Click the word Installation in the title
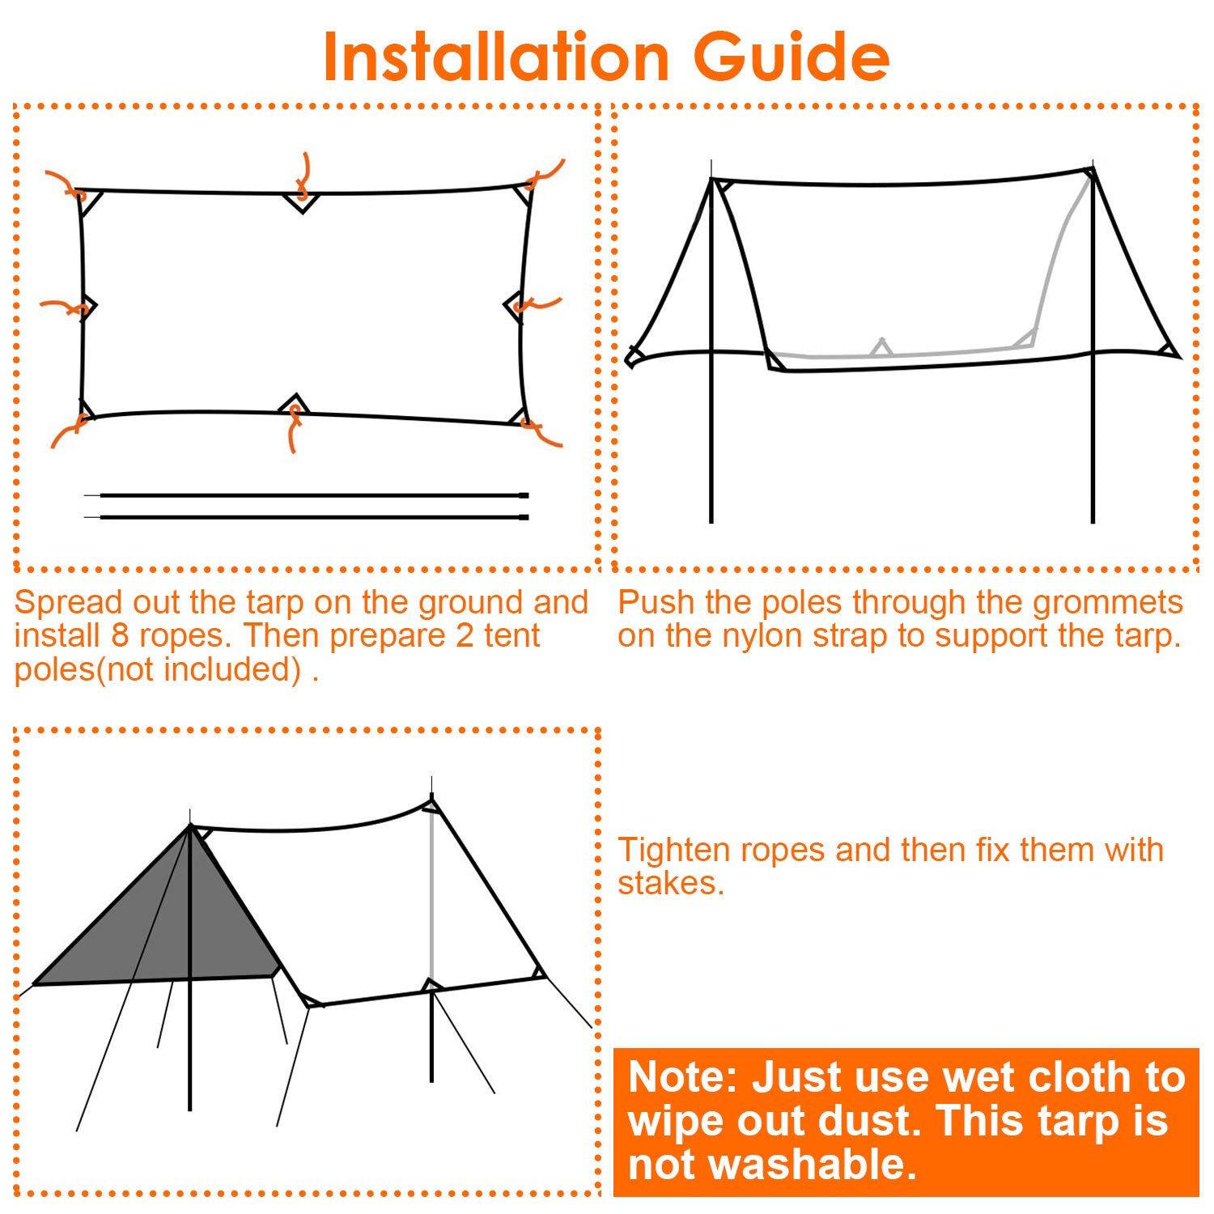[495, 58]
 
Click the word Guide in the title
[791, 58]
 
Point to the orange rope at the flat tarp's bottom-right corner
[543, 434]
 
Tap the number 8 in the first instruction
[120, 636]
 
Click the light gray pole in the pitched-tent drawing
[432, 898]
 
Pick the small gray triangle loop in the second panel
[881, 347]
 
